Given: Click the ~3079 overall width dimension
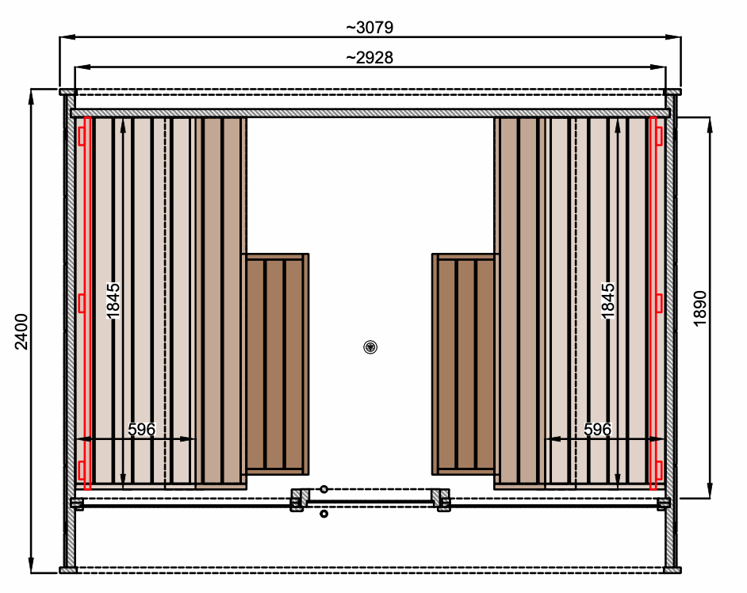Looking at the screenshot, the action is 370,28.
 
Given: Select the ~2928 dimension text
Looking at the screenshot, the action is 370,58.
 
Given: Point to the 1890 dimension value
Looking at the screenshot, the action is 700,308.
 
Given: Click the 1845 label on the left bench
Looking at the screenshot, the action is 113,301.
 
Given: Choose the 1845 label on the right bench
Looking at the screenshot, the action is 608,301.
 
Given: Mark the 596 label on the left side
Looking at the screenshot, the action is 141,430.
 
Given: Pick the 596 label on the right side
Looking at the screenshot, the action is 597,430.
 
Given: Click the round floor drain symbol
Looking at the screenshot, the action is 370,347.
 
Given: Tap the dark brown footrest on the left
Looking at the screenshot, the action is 275,365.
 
